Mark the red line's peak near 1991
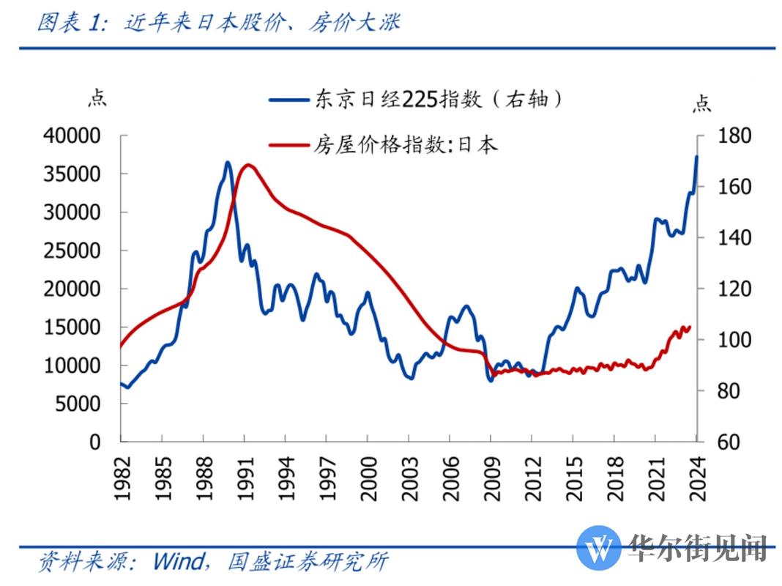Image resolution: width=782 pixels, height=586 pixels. (248, 164)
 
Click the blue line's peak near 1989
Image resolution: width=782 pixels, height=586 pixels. (227, 162)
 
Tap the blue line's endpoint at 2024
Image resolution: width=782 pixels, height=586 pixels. (696, 156)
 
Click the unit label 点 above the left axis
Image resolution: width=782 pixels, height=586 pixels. (97, 98)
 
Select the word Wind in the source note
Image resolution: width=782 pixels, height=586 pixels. (178, 562)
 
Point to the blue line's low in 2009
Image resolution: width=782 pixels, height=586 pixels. (491, 381)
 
